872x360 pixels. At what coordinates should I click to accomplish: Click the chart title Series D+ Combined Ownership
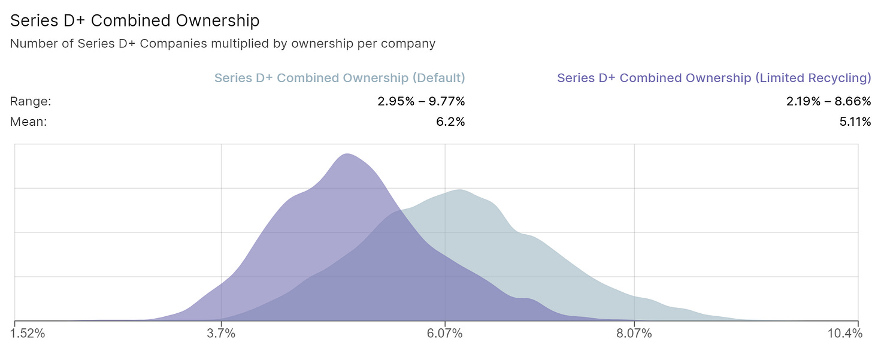[135, 21]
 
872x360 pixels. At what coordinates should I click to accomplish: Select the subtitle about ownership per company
[223, 44]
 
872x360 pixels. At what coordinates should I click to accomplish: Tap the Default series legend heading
[340, 78]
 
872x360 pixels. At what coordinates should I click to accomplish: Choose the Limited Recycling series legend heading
[713, 78]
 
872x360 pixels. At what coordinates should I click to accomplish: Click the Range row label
[31, 102]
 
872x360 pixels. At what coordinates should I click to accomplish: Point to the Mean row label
[28, 122]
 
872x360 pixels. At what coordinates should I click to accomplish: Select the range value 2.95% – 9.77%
[421, 102]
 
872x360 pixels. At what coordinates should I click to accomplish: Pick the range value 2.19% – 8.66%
[828, 102]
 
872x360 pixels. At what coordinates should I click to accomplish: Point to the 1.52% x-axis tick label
[28, 334]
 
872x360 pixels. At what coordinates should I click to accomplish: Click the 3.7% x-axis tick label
[221, 334]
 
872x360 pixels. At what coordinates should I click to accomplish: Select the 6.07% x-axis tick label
[444, 334]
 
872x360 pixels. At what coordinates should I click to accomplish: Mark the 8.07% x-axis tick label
[634, 334]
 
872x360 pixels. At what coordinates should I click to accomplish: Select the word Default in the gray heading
[440, 78]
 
